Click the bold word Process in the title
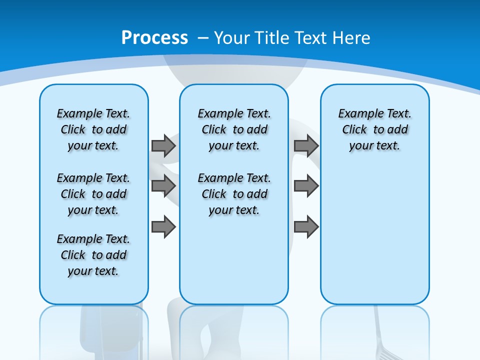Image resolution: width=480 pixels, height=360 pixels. pos(154,37)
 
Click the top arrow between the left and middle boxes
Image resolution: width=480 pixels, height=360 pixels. pos(163,145)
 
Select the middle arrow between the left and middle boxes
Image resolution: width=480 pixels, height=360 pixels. pos(163,186)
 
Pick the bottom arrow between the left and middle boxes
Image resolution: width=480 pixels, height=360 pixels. pos(163,227)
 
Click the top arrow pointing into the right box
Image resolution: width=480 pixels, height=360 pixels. pos(306,145)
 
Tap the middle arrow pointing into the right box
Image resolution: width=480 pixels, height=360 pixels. pos(306,186)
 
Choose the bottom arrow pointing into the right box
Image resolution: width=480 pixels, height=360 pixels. pos(306,227)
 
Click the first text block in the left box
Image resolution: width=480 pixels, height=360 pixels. pos(93,129)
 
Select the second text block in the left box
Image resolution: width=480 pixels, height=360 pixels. pos(93,194)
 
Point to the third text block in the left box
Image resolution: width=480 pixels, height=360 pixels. pos(93,255)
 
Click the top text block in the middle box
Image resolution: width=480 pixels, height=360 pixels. pos(234,129)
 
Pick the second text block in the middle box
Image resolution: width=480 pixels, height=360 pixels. pos(234,194)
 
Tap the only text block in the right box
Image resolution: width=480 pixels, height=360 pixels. pos(374,129)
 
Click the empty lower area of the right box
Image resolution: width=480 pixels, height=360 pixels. pos(374,235)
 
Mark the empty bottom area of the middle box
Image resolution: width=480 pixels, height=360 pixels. pos(234,265)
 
